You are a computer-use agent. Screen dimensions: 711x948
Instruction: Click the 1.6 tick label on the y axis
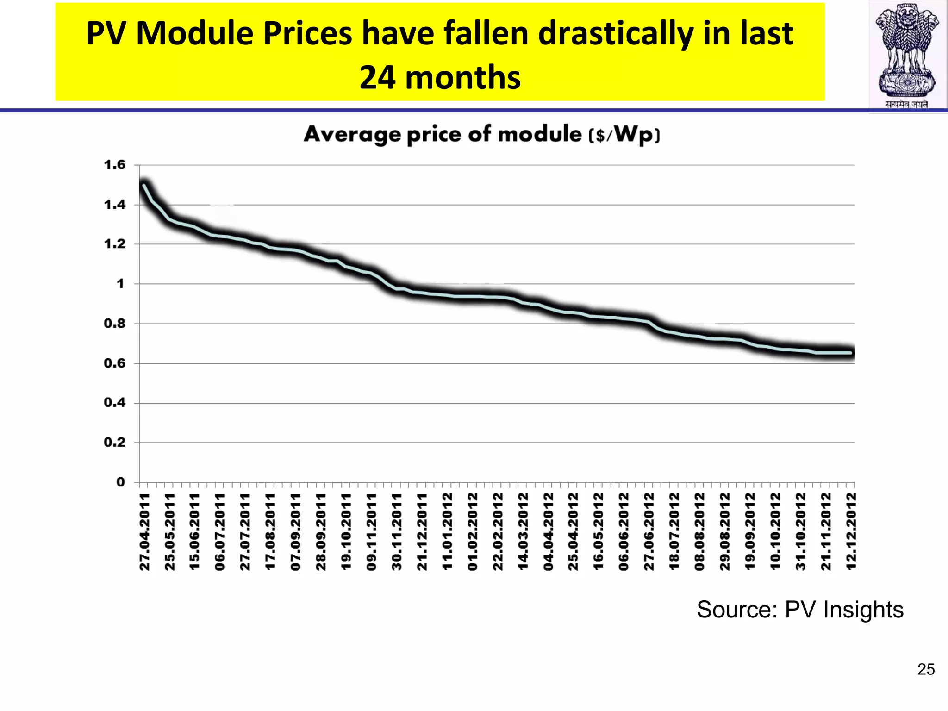coord(114,165)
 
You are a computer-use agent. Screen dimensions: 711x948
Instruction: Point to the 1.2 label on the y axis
coord(114,244)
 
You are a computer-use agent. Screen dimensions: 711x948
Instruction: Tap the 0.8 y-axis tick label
coord(114,324)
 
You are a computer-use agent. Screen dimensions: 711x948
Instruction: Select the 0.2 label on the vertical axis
coord(114,443)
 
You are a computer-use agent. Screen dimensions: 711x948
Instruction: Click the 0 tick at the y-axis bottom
coord(120,482)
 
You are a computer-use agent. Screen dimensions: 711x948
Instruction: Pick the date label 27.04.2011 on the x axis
coord(145,531)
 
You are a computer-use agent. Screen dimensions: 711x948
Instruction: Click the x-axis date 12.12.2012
coord(851,531)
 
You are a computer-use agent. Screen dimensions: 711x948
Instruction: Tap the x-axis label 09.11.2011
coord(372,531)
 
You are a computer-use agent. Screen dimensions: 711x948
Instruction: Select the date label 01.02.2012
coord(473,531)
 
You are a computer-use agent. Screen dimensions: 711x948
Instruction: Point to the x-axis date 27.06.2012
coord(649,531)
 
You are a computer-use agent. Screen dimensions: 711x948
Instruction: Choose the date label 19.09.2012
coord(750,531)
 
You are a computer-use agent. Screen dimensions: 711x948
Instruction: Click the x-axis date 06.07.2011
coord(220,531)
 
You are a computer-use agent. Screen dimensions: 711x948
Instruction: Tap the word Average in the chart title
coord(352,135)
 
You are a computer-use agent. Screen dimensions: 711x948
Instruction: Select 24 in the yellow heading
coord(377,77)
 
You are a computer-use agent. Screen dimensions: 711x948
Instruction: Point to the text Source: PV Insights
coord(799,610)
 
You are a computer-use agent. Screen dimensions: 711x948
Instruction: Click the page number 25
coord(926,669)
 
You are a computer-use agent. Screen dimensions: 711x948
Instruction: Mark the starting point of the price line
coord(144,186)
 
